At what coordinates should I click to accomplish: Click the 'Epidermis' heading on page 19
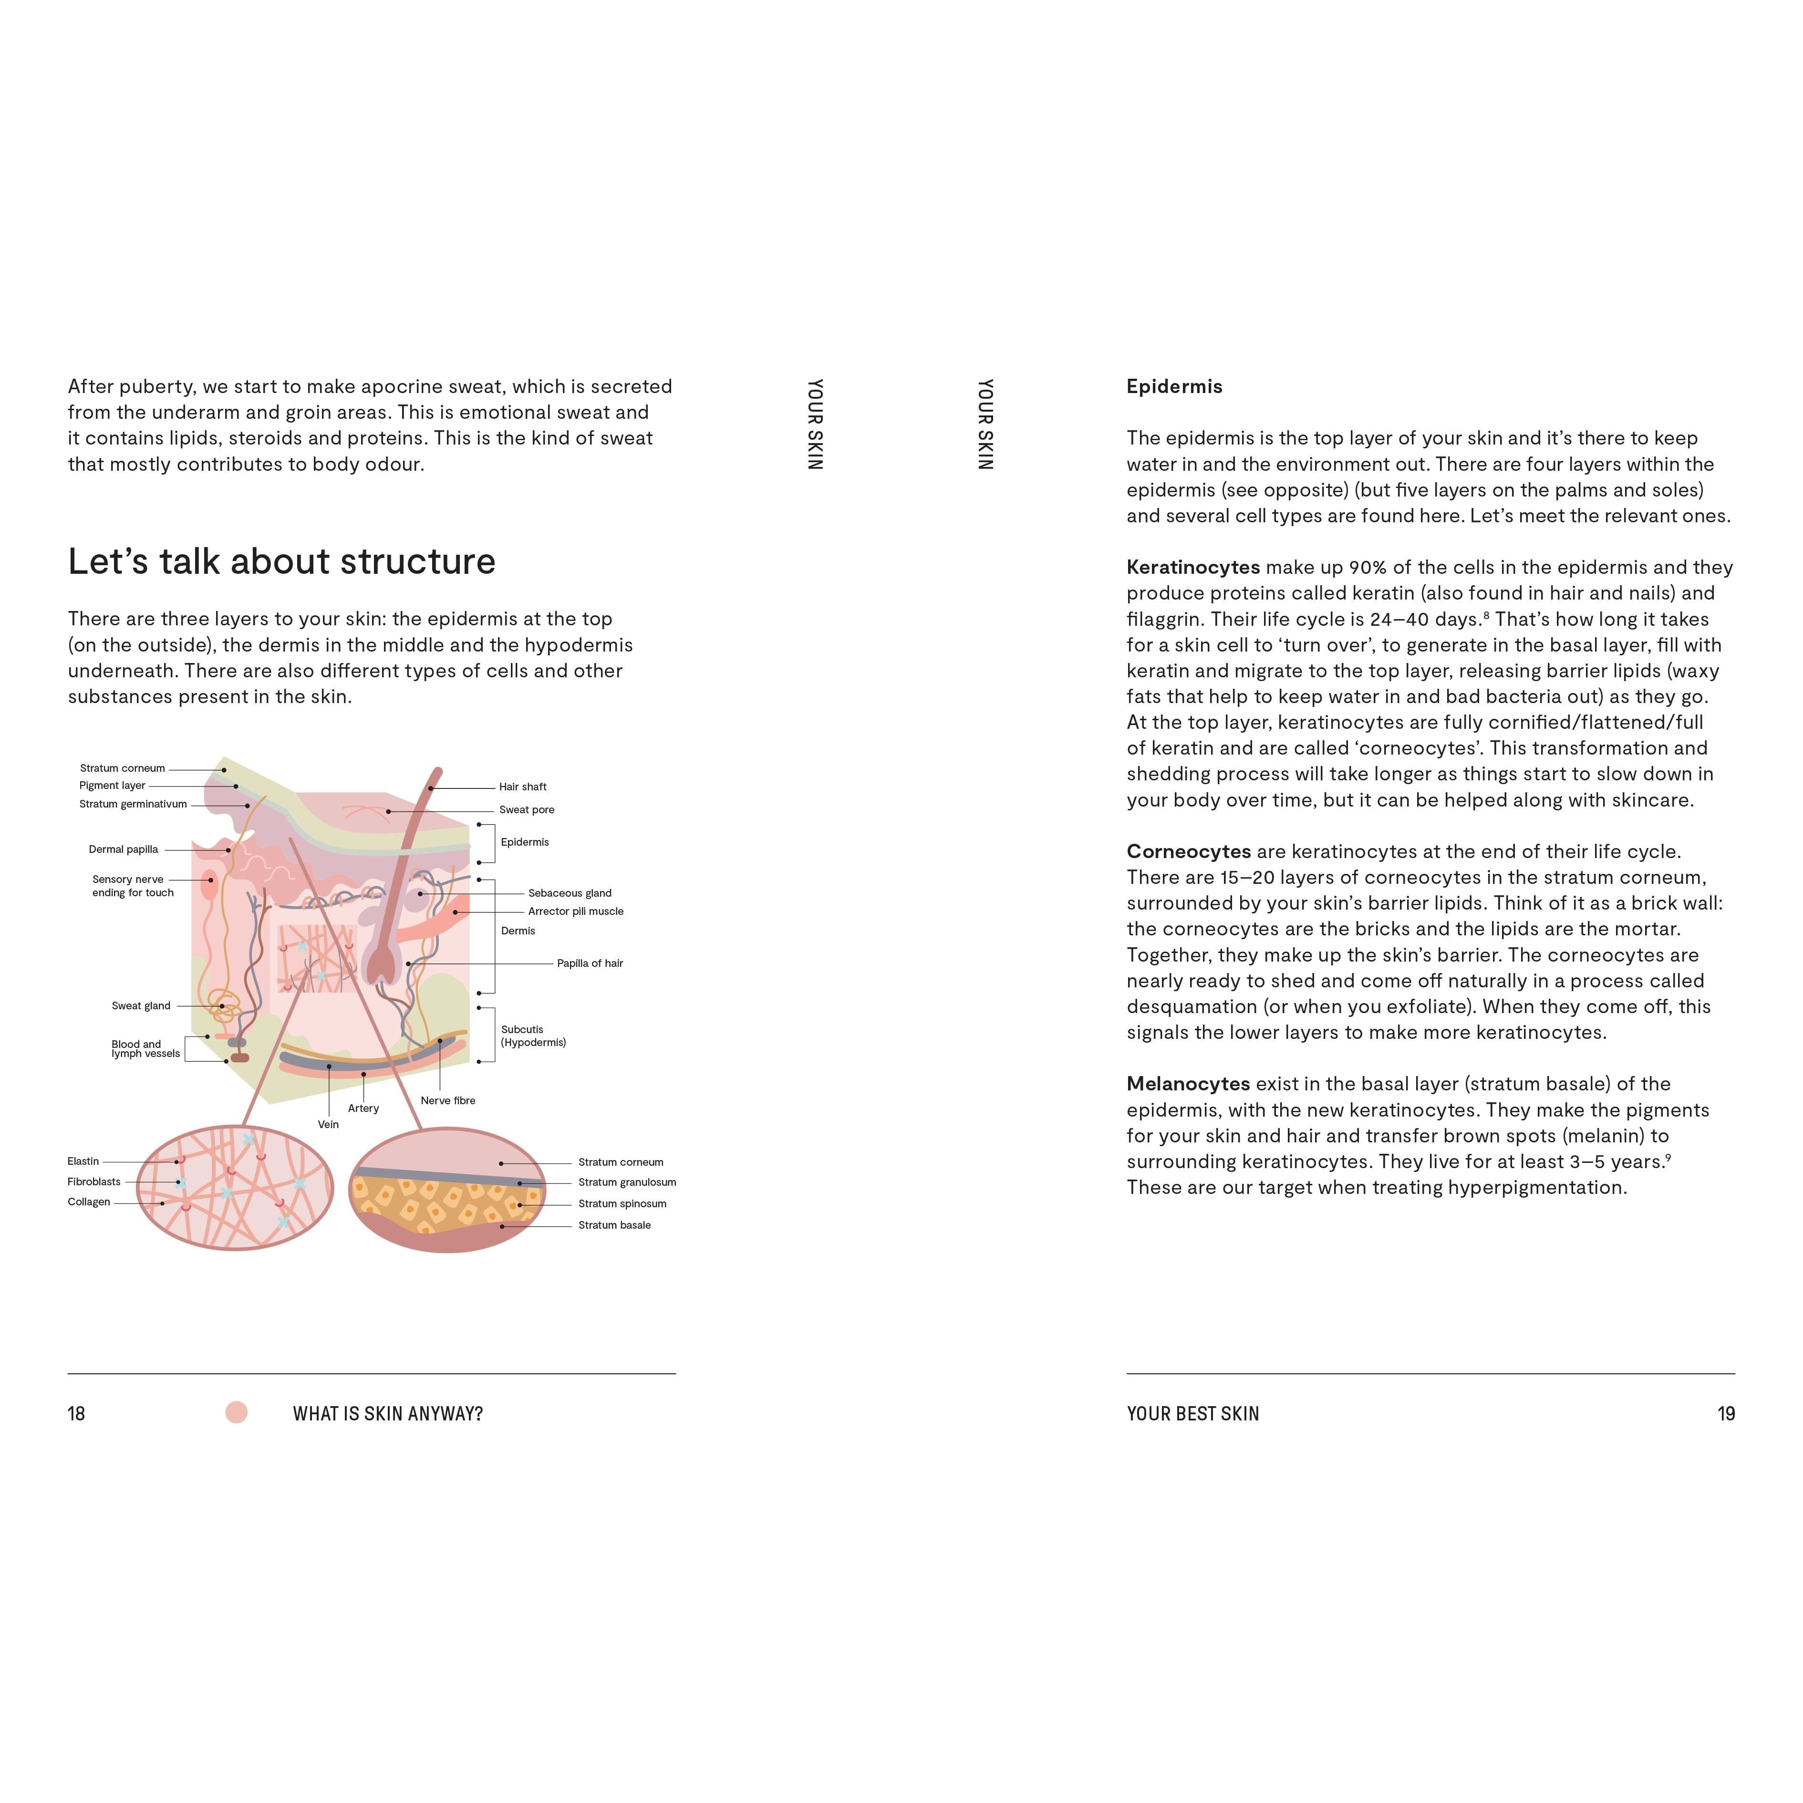click(x=1174, y=386)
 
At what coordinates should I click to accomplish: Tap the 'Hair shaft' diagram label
click(x=523, y=787)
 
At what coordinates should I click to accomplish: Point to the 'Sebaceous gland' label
click(x=569, y=893)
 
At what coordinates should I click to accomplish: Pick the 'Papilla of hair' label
click(x=590, y=963)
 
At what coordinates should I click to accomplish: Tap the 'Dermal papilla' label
click(x=123, y=849)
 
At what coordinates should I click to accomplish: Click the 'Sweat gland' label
click(x=141, y=1006)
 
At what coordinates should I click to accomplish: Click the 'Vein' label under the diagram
click(x=329, y=1125)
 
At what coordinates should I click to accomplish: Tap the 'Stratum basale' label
click(x=614, y=1225)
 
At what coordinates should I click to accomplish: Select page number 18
click(x=76, y=1414)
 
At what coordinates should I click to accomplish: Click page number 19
click(x=1726, y=1414)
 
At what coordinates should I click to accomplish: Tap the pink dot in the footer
click(x=236, y=1413)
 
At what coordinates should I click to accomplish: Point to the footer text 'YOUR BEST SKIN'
click(x=1192, y=1414)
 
